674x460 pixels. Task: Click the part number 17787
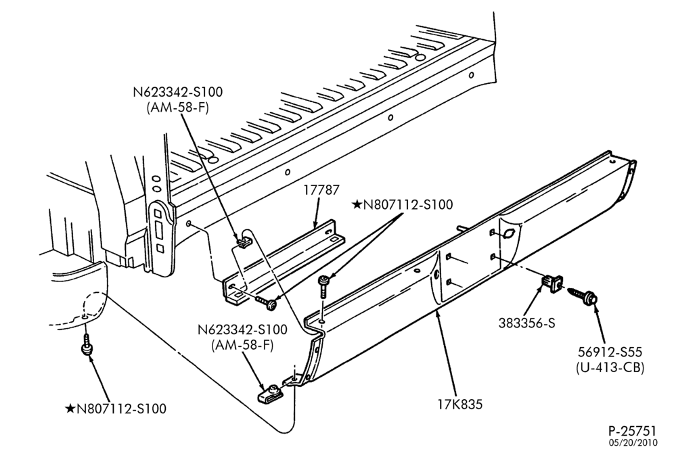(x=321, y=190)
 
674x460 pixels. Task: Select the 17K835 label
(x=460, y=404)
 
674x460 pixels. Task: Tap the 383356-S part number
(x=526, y=323)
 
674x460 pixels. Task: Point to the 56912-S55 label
(x=610, y=352)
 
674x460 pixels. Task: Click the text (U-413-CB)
(x=610, y=367)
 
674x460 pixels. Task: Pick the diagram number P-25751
(x=632, y=431)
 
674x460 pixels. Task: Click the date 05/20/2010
(x=633, y=442)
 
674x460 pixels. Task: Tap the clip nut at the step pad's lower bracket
(x=269, y=394)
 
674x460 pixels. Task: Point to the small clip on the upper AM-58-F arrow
(x=244, y=241)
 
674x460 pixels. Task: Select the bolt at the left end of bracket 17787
(x=267, y=302)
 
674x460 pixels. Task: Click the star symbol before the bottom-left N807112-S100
(x=70, y=408)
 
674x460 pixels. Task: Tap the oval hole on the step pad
(x=508, y=235)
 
